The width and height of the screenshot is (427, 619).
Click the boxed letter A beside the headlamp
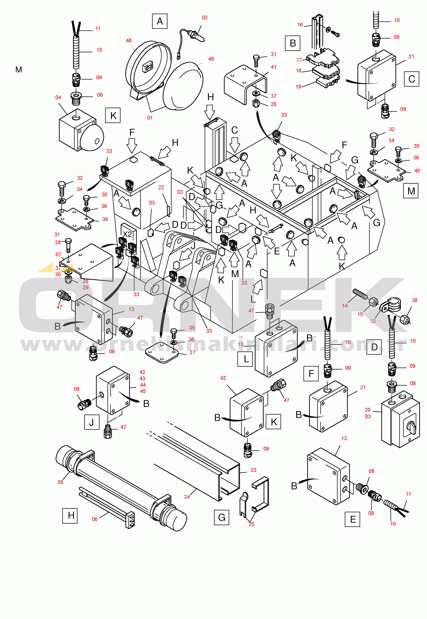pyautogui.click(x=160, y=21)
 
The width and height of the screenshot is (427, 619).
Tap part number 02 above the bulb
pyautogui.click(x=205, y=17)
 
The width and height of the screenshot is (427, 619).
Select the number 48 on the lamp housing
pyautogui.click(x=129, y=40)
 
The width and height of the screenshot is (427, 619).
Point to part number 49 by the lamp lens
pyautogui.click(x=211, y=59)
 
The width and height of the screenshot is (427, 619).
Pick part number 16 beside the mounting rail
pyautogui.click(x=300, y=25)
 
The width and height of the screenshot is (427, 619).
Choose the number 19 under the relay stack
pyautogui.click(x=298, y=87)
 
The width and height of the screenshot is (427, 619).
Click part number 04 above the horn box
pyautogui.click(x=58, y=97)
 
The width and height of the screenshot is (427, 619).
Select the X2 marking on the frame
pyautogui.click(x=127, y=234)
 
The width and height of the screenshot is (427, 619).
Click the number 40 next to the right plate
pyautogui.click(x=417, y=171)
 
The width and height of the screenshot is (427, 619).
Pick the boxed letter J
pyautogui.click(x=92, y=422)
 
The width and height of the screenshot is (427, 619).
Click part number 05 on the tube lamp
pyautogui.click(x=61, y=482)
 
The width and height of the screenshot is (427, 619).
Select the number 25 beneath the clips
pyautogui.click(x=251, y=524)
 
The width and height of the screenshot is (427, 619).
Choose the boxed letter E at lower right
pyautogui.click(x=353, y=519)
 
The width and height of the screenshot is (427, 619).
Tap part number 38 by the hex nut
pyautogui.click(x=414, y=300)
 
